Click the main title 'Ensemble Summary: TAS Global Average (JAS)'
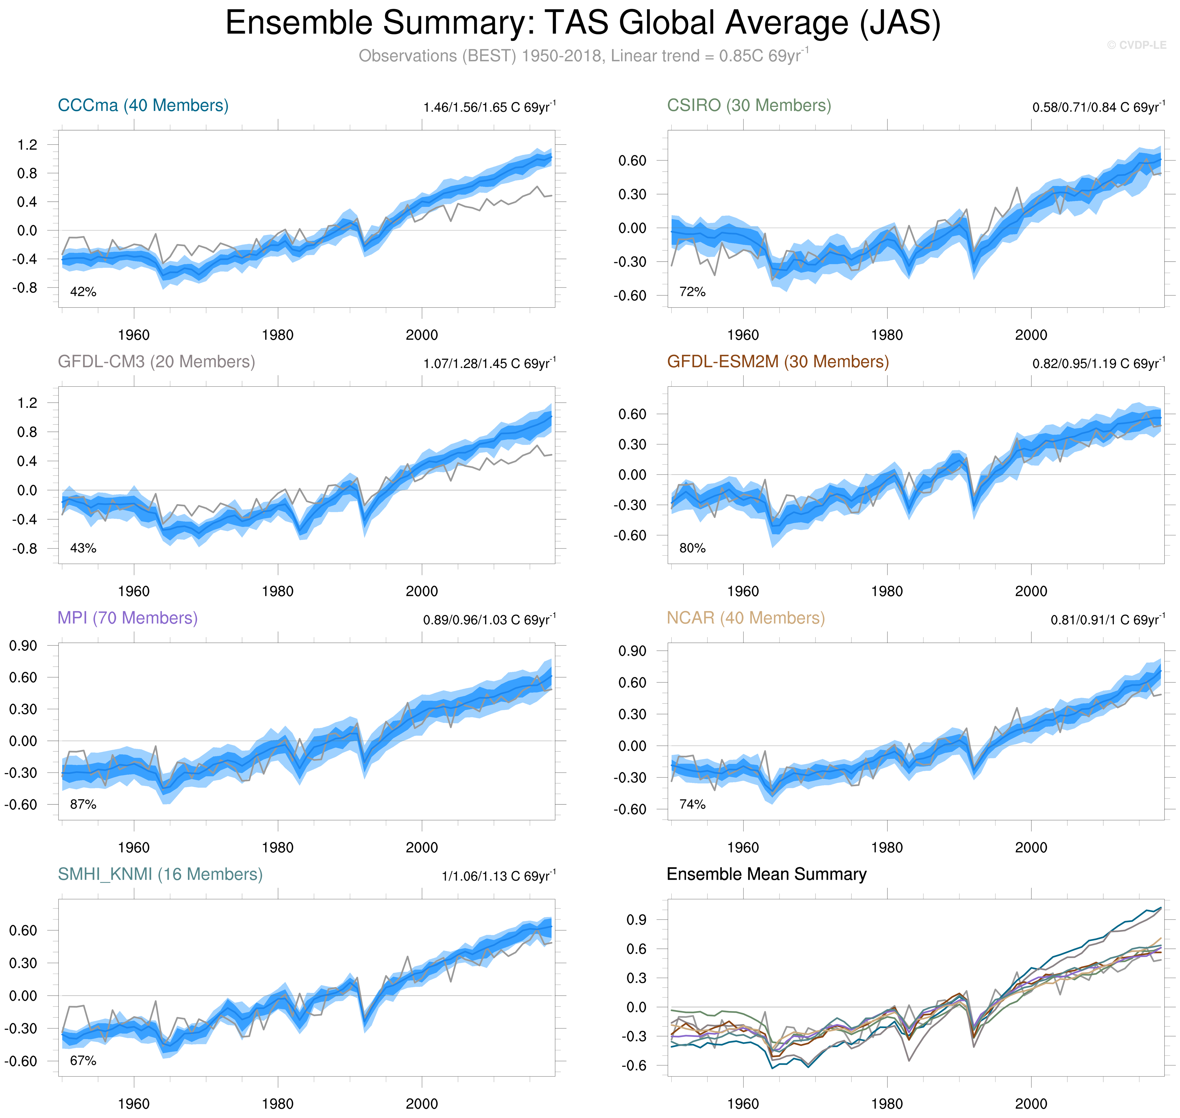[583, 24]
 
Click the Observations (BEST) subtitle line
[583, 56]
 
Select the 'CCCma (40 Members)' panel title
[143, 106]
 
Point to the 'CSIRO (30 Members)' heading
[749, 106]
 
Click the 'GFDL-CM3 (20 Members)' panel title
[156, 362]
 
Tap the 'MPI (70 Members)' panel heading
[128, 618]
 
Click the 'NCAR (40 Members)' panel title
[746, 618]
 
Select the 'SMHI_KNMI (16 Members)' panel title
[160, 874]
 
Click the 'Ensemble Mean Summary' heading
[766, 874]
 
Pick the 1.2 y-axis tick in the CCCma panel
[27, 145]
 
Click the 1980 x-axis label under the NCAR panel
[887, 848]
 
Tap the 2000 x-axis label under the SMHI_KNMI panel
[421, 1104]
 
